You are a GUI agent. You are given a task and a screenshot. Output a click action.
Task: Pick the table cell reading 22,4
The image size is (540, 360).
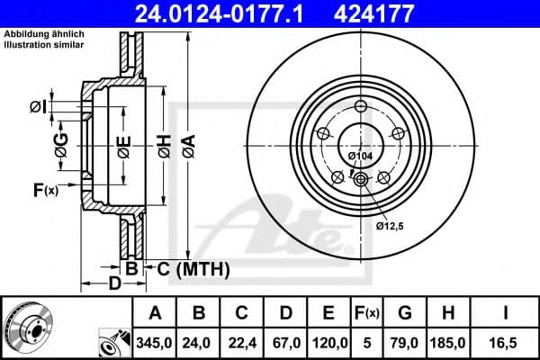242,342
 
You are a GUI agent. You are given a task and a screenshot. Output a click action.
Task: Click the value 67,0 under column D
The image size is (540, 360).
285,342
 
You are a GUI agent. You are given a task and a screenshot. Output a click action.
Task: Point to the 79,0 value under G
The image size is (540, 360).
404,342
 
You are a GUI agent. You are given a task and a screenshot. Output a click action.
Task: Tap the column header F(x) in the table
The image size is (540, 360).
366,313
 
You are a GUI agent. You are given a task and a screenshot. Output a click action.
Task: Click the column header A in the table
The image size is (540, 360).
156,313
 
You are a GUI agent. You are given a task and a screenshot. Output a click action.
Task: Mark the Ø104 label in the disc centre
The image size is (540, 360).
360,155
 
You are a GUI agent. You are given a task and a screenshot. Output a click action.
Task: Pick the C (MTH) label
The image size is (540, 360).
193,268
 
